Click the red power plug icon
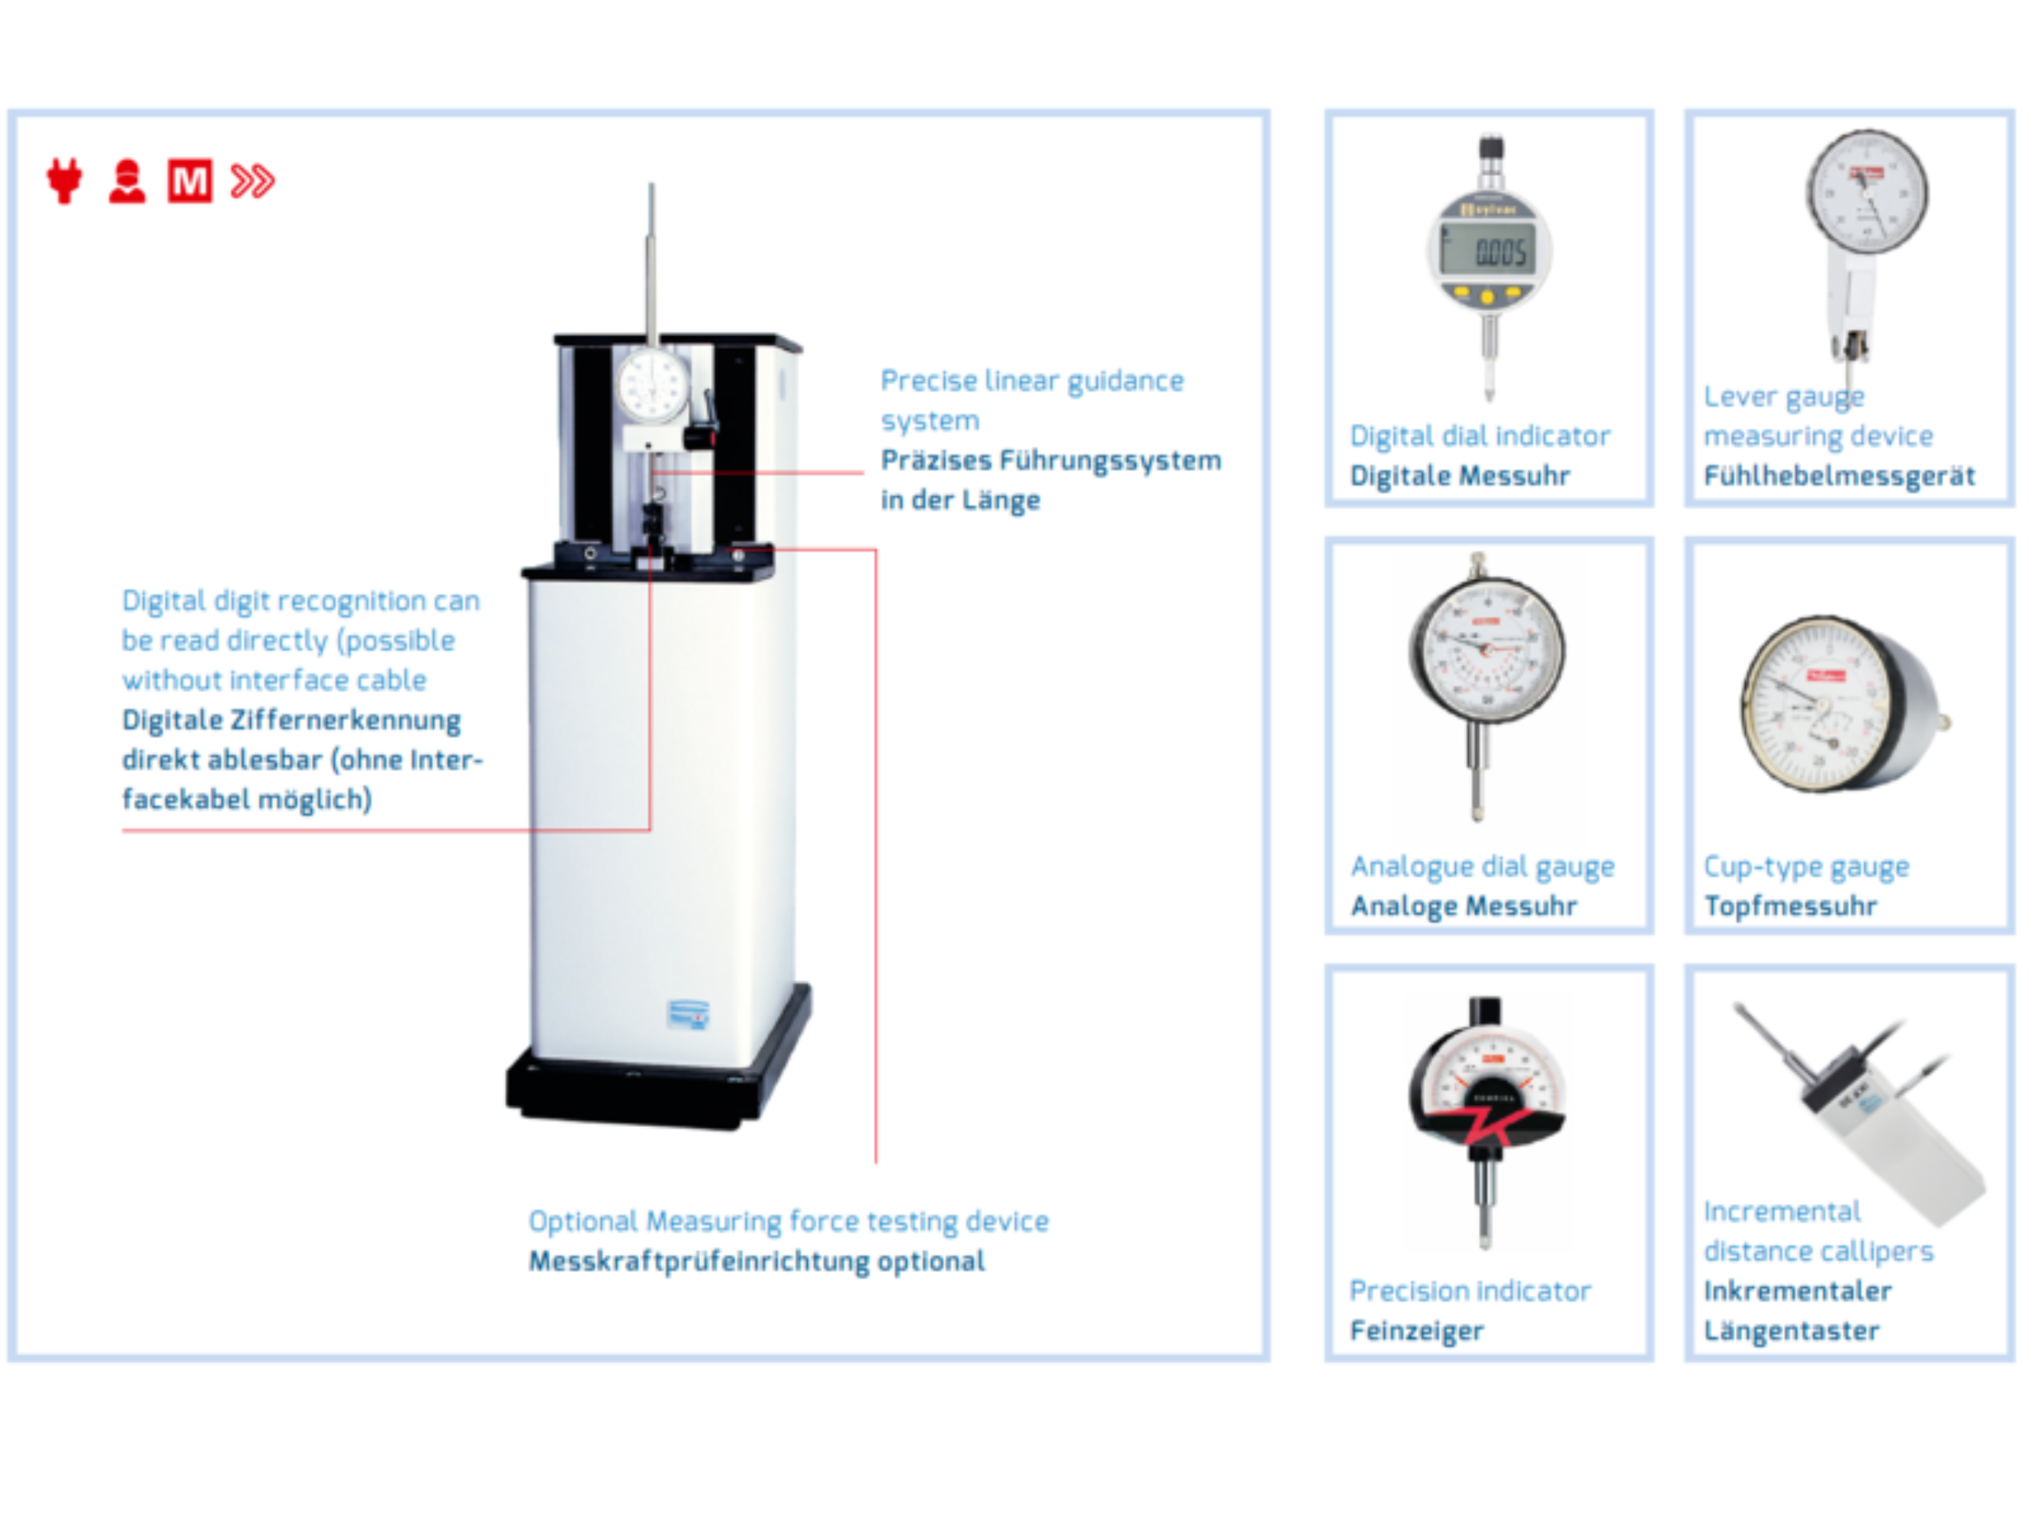tap(64, 180)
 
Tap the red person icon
tap(127, 181)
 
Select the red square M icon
tap(189, 180)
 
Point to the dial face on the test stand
tap(653, 384)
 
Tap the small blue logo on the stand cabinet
tap(688, 1015)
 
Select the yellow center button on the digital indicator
tap(1487, 296)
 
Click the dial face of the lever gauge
tap(1867, 192)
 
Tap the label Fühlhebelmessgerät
tap(1839, 476)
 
